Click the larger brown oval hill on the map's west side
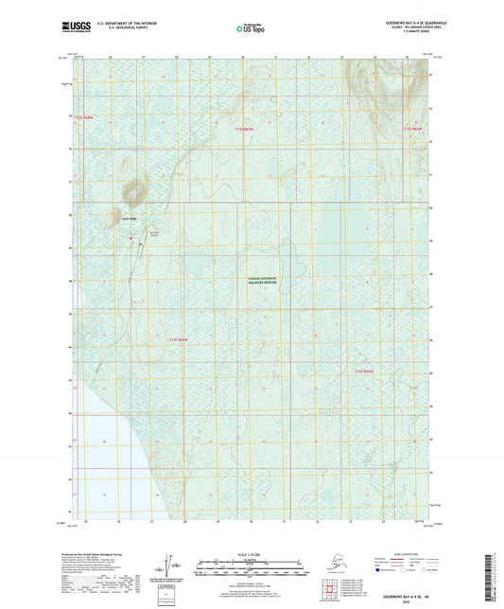point(133,194)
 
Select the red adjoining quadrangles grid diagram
point(332,587)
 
